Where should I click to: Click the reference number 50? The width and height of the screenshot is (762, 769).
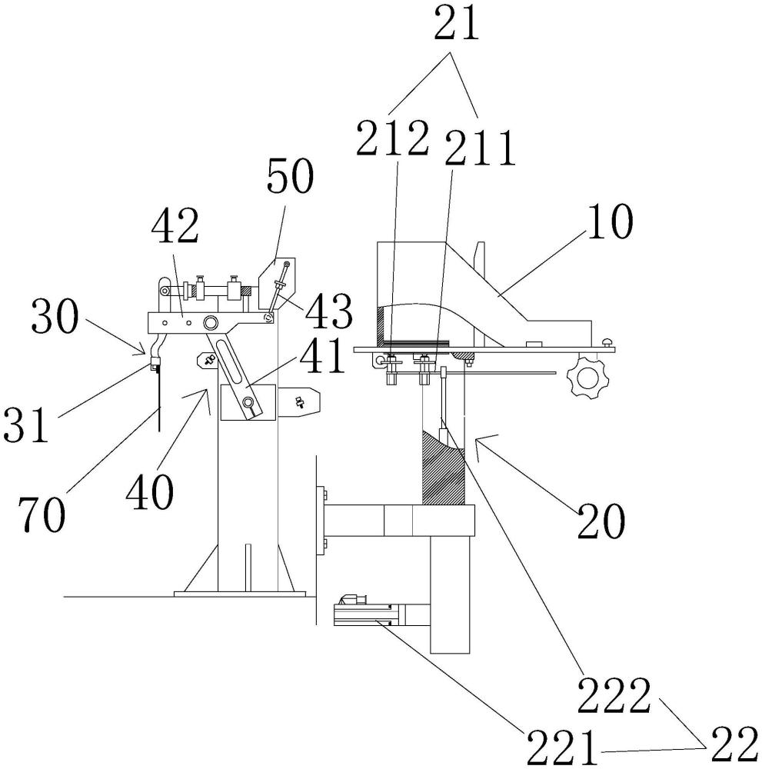click(290, 177)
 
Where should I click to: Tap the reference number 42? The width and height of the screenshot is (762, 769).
click(175, 225)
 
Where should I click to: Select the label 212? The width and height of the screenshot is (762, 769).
click(392, 138)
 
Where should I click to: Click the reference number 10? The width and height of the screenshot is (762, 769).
click(610, 222)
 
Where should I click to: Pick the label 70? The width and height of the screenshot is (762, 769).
click(42, 514)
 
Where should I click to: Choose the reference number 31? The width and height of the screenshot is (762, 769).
click(26, 424)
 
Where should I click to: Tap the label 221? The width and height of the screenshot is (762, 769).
click(562, 747)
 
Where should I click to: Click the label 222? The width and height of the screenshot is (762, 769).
click(614, 695)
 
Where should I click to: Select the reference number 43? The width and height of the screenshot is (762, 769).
click(329, 311)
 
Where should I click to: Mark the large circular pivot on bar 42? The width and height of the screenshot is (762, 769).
click(211, 322)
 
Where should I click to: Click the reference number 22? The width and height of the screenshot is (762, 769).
click(734, 746)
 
